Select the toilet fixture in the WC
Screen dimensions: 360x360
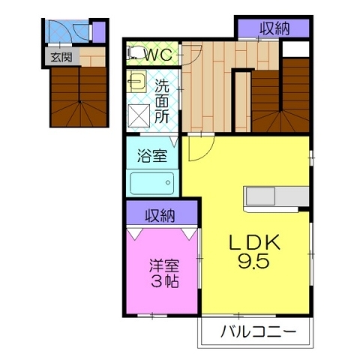(x=136, y=53)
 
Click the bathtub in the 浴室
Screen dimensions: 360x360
(x=151, y=184)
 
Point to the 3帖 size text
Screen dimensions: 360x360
(x=163, y=282)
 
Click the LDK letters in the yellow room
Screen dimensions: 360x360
(x=254, y=243)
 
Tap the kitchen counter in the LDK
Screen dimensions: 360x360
(x=275, y=196)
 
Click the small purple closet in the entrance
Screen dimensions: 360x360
(x=98, y=32)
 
